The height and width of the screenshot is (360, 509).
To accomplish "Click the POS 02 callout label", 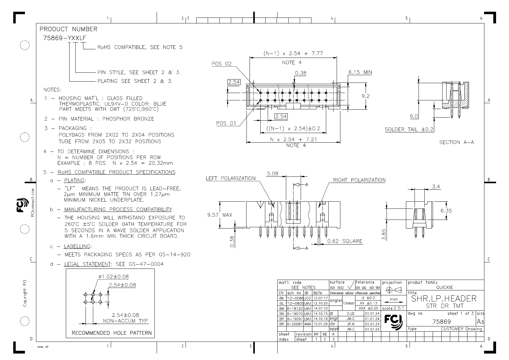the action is point(221,64).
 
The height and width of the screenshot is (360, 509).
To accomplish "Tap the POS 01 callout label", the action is point(226,123).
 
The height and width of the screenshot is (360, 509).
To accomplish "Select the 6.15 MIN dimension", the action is point(360,72).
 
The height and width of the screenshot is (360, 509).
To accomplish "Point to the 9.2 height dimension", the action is point(365,96).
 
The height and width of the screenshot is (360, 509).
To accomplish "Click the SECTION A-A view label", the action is point(456,142).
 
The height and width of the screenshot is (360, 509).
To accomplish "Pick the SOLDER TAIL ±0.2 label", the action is point(409,129).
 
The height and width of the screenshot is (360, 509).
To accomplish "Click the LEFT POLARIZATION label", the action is point(230,178).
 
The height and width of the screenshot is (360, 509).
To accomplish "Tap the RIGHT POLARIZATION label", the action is point(359,180).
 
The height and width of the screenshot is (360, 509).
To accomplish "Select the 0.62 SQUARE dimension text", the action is point(345,241).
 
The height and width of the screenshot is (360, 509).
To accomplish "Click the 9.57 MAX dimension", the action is point(219,215).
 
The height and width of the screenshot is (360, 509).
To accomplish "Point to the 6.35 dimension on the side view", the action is point(446,211).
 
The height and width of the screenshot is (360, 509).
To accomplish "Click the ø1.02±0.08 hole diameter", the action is point(114,277).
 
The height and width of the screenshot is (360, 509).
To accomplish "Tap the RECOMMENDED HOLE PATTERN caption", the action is point(111,333).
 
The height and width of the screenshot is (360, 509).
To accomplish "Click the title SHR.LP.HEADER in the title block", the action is point(444,298).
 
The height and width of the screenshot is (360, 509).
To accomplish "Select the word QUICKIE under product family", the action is point(445,287).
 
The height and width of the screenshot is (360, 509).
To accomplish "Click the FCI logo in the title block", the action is point(394,322).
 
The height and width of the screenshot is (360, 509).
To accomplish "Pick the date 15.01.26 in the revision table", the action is point(321,324).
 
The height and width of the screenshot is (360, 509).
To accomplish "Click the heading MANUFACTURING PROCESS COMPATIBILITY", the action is point(118,209).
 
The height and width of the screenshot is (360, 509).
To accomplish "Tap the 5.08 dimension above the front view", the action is point(272,174).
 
